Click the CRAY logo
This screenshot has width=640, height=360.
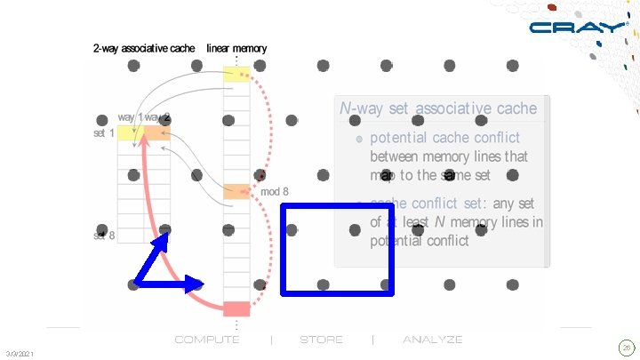pyautogui.click(x=577, y=27)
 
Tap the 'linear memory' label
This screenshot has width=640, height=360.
pyautogui.click(x=236, y=48)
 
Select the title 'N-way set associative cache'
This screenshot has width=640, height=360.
pyautogui.click(x=438, y=108)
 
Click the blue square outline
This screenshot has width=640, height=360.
pyautogui.click(x=337, y=249)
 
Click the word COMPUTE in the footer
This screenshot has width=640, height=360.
pyautogui.click(x=207, y=340)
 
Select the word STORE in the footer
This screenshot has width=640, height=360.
pyautogui.click(x=321, y=340)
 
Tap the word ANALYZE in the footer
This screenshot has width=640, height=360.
pyautogui.click(x=433, y=340)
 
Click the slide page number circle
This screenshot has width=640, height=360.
pyautogui.click(x=626, y=348)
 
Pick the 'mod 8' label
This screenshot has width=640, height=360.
pyautogui.click(x=274, y=192)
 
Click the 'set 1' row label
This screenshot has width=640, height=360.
pyautogui.click(x=103, y=133)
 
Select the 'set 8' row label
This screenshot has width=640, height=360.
pyautogui.click(x=103, y=236)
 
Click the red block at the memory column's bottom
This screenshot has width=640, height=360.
pyautogui.click(x=236, y=308)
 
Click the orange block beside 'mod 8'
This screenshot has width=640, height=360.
pyautogui.click(x=236, y=191)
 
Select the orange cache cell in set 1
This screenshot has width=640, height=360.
pyautogui.click(x=156, y=133)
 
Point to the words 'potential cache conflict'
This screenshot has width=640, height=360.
pyautogui.click(x=444, y=138)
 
